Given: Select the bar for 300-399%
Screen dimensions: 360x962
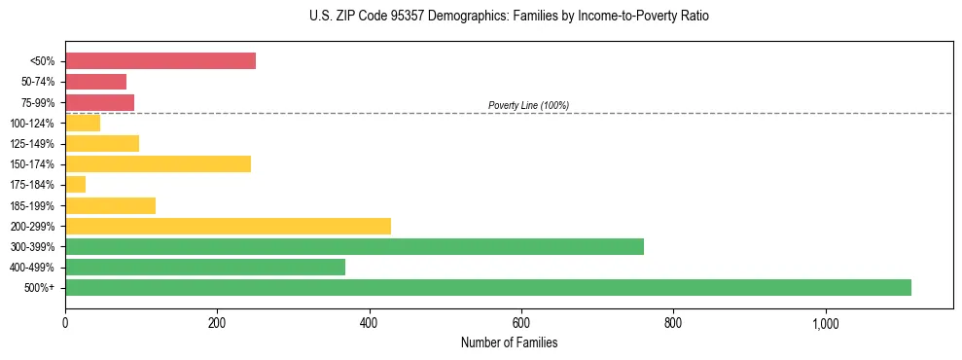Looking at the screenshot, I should [x=354, y=246].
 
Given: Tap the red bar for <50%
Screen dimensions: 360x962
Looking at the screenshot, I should [x=160, y=61].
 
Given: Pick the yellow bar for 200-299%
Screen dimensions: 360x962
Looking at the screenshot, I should [x=228, y=226].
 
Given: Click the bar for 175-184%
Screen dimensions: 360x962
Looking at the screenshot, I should [x=76, y=184].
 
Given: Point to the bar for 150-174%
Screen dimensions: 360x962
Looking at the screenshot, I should [x=158, y=163].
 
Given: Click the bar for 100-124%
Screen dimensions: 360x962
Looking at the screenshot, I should [x=83, y=123].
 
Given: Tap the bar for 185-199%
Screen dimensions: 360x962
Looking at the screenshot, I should [x=110, y=205].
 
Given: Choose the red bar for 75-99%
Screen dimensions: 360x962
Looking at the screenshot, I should [x=99, y=102].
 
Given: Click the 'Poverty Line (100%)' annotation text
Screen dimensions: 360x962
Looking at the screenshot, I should [x=528, y=105].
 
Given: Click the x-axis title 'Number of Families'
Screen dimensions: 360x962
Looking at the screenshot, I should [x=509, y=343].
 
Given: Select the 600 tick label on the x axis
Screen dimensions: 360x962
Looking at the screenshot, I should [x=521, y=323].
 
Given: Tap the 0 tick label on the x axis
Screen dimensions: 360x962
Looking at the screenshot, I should [x=65, y=323].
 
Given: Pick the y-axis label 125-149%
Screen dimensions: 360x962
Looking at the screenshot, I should [x=33, y=144].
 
